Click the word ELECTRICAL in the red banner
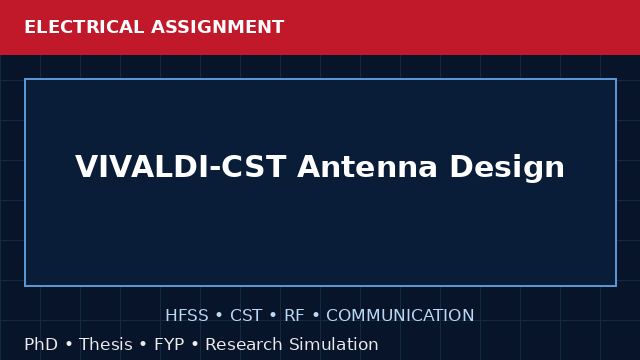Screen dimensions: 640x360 click(x=84, y=27)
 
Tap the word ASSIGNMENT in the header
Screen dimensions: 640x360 click(x=218, y=27)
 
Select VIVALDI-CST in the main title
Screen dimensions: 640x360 click(x=180, y=167)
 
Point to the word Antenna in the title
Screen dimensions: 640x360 click(x=367, y=167)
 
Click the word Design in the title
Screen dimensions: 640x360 click(x=507, y=167)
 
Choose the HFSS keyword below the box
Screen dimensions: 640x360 click(x=187, y=316)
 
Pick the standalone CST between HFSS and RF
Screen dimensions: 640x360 click(x=246, y=316)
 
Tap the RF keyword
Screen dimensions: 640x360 click(x=294, y=316)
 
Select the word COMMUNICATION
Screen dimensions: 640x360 click(x=400, y=316)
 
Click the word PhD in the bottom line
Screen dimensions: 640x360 click(x=41, y=344)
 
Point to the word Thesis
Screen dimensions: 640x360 click(x=106, y=344)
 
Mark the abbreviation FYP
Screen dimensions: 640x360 click(x=169, y=344)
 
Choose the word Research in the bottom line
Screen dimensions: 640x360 click(x=244, y=344)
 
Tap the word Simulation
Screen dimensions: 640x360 click(x=334, y=344)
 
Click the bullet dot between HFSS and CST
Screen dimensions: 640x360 click(x=219, y=316)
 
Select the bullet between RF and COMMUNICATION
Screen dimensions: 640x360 click(x=316, y=316)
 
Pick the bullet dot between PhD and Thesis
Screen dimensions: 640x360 click(x=69, y=344)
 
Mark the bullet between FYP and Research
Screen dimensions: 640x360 click(x=195, y=344)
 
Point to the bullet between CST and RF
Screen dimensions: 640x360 click(x=273, y=316)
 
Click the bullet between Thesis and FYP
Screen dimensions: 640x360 click(x=143, y=344)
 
